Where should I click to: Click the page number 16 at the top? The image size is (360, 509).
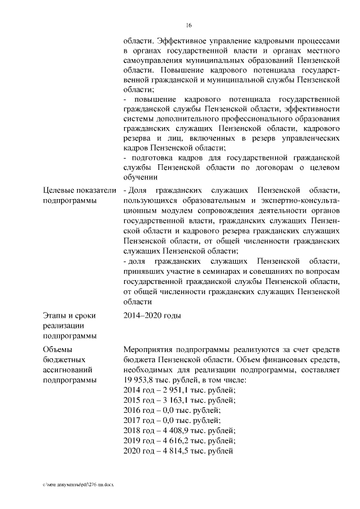pos(189,25)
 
